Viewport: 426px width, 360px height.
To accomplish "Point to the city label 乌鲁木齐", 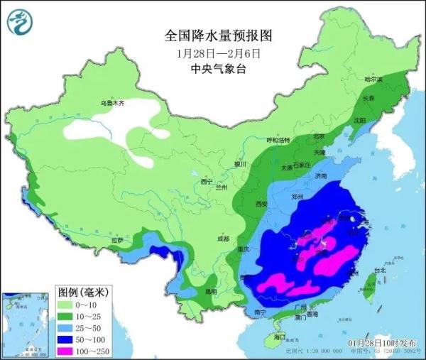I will point(111,103).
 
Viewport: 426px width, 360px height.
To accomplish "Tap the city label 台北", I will point(380,271).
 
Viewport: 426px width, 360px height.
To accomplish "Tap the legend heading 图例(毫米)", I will point(83,291).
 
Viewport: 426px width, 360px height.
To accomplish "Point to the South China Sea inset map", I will point(26,324).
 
